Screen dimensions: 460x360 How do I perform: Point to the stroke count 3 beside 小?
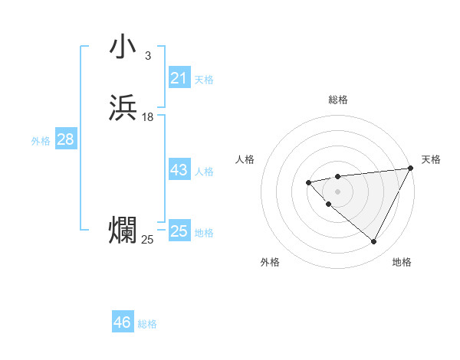(x=147, y=56)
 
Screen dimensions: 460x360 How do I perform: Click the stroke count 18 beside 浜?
(x=147, y=117)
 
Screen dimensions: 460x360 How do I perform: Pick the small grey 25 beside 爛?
(x=147, y=240)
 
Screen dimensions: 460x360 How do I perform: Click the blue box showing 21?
(x=179, y=78)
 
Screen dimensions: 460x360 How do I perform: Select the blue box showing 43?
(x=179, y=170)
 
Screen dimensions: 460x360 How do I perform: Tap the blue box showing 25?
(x=179, y=231)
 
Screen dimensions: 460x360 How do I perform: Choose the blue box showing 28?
(x=65, y=139)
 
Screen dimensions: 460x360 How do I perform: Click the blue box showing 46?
(x=123, y=322)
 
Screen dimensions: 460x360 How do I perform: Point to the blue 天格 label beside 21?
(x=204, y=80)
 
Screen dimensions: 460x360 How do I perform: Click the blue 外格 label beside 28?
(x=41, y=141)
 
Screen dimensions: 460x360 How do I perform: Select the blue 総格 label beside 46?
(x=147, y=324)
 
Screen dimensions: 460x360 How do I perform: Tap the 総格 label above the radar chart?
(x=338, y=100)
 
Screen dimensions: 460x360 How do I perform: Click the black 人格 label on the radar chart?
(x=245, y=159)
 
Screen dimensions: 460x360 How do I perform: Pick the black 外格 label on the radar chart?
(x=270, y=262)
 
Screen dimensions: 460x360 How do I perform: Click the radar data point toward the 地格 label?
(x=374, y=242)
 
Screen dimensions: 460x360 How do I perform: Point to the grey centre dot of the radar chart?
(x=337, y=191)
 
